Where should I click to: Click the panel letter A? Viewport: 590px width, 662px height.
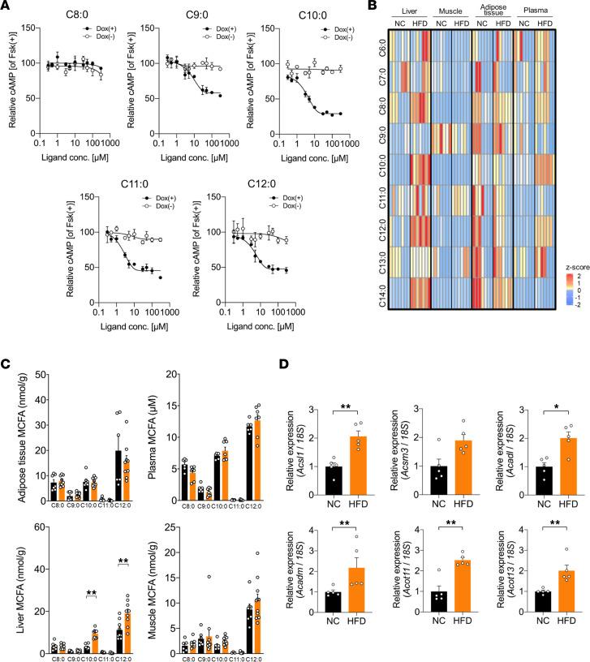[6, 6]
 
